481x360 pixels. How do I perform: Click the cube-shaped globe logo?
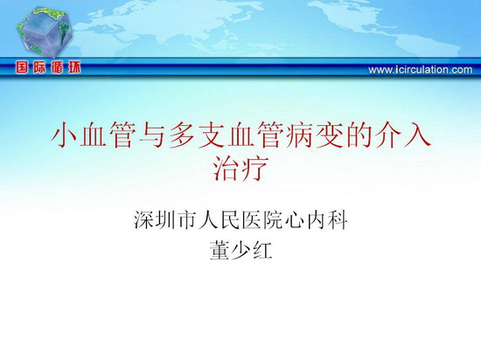(x=45, y=32)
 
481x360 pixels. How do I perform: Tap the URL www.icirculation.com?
(x=421, y=70)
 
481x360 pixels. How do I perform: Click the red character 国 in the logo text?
(x=22, y=67)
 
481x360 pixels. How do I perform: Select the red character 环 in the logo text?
(x=74, y=67)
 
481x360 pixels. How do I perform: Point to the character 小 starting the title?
(x=64, y=135)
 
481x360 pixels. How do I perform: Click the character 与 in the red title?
(x=152, y=135)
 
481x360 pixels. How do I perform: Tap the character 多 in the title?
(x=181, y=135)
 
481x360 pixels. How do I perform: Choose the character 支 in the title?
(x=211, y=135)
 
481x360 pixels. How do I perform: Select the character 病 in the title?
(x=299, y=135)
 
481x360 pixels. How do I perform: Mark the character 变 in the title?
(x=329, y=135)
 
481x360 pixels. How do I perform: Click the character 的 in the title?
(x=359, y=135)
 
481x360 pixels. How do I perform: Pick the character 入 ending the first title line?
(x=417, y=135)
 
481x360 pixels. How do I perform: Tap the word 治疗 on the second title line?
(x=240, y=169)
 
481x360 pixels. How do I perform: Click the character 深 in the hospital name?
(x=143, y=219)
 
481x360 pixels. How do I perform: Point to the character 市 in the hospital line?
(x=187, y=219)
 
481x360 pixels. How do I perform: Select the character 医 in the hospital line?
(x=251, y=219)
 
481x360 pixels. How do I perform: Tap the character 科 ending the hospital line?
(x=338, y=219)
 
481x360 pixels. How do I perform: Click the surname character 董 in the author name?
(x=220, y=250)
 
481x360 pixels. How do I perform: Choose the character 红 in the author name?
(x=262, y=250)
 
